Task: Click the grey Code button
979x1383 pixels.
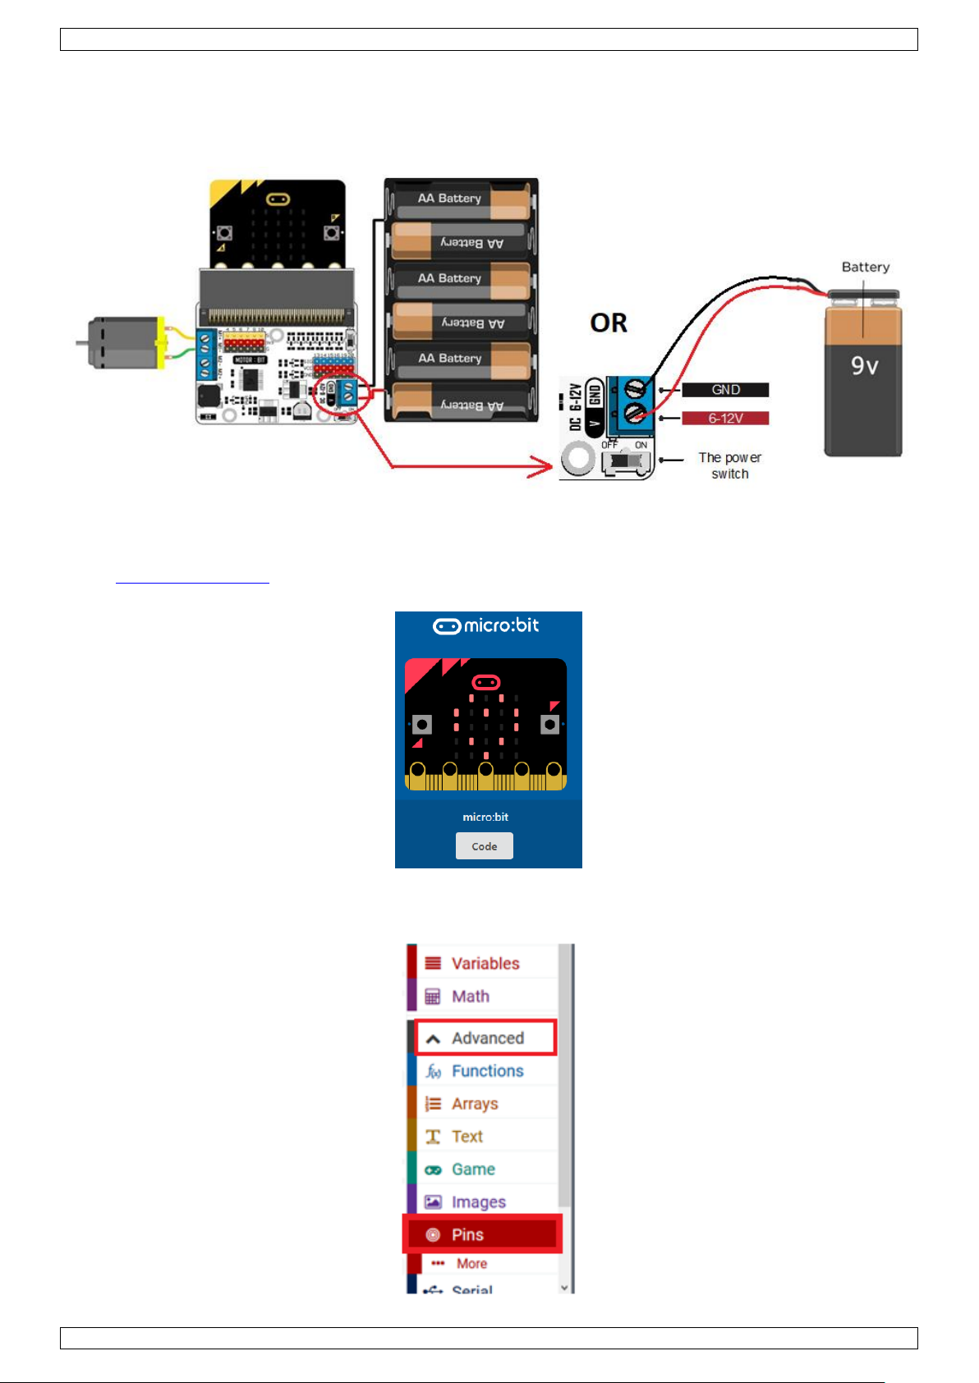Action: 485,846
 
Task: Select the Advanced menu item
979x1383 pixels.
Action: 486,1038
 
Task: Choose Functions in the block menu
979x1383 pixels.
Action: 486,1071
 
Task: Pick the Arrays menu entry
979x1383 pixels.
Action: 474,1104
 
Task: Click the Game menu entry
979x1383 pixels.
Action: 472,1170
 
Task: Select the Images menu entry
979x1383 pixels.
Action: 477,1202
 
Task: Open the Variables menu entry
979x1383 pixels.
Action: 485,964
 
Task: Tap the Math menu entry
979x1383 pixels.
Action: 470,996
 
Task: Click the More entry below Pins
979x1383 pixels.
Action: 471,1264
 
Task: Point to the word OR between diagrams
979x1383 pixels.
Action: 609,323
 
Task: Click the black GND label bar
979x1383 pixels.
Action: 725,390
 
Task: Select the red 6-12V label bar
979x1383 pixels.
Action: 725,419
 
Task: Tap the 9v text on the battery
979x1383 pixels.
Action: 864,366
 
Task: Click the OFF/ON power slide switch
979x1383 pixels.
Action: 625,461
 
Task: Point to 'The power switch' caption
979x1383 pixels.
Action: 729,465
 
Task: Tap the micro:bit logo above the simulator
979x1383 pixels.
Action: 486,626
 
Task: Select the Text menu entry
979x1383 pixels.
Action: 467,1137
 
